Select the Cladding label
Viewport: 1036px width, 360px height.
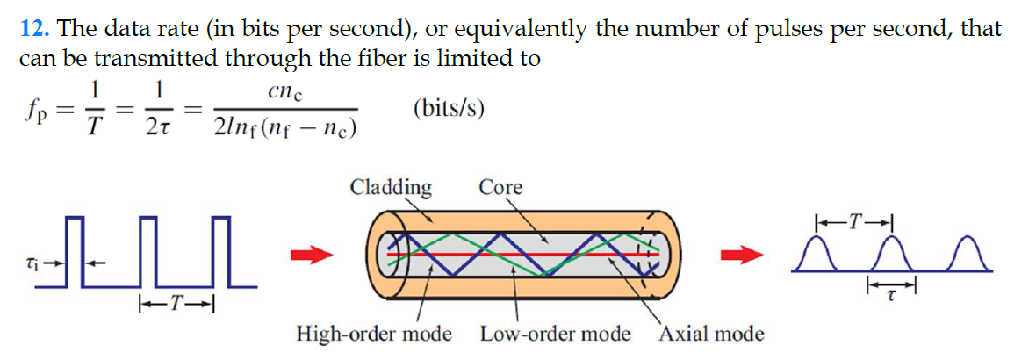pyautogui.click(x=390, y=187)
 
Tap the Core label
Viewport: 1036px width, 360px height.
pyautogui.click(x=500, y=187)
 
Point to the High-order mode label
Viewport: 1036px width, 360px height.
pyautogui.click(x=374, y=334)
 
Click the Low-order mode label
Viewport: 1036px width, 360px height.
pyautogui.click(x=555, y=334)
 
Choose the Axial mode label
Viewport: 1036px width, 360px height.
pyautogui.click(x=712, y=334)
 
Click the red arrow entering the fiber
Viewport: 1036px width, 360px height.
pyautogui.click(x=313, y=256)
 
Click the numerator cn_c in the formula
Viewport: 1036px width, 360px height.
pyautogui.click(x=287, y=91)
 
